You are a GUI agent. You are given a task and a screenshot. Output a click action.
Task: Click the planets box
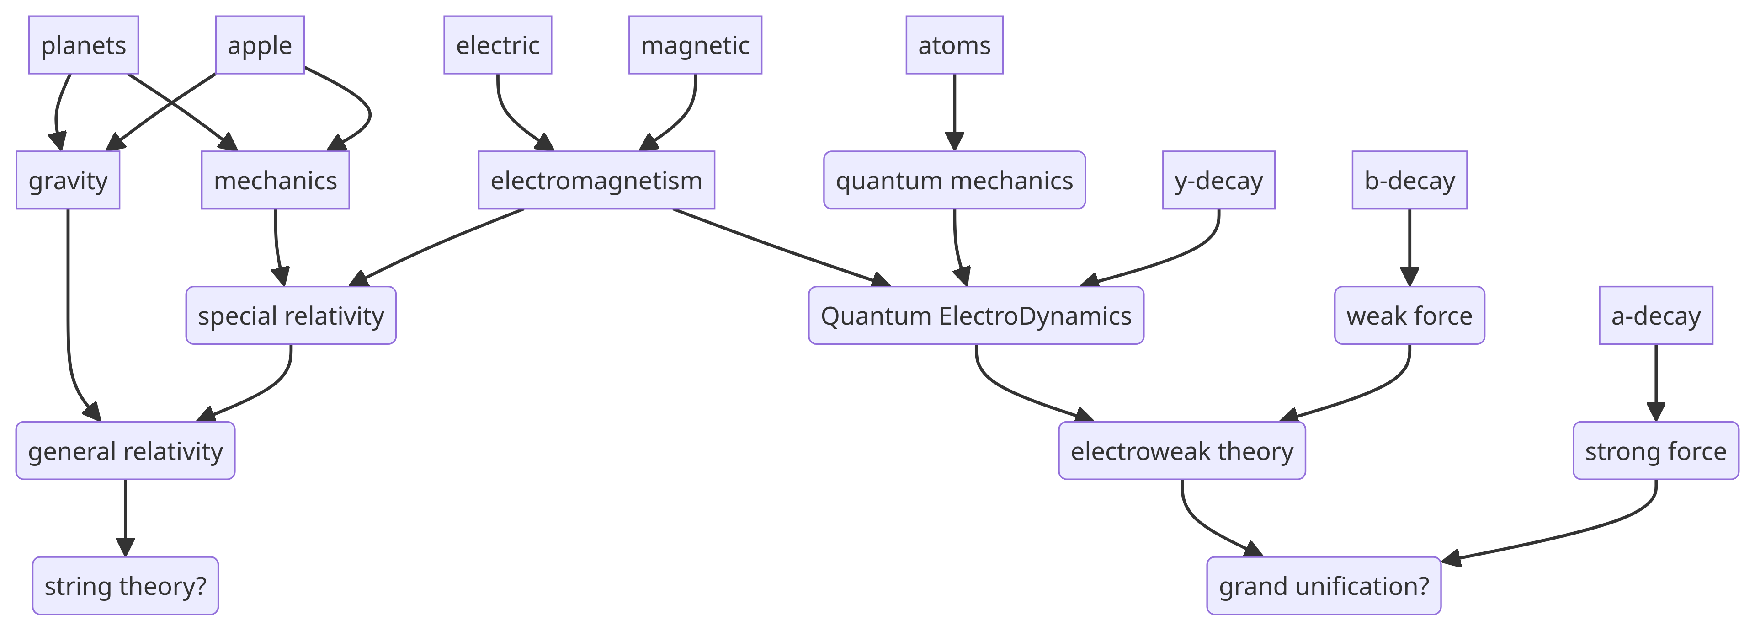click(83, 45)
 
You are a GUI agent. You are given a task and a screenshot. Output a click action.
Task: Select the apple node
click(260, 45)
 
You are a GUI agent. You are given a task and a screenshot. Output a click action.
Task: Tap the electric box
click(497, 45)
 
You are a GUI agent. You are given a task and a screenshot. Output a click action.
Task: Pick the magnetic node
click(695, 45)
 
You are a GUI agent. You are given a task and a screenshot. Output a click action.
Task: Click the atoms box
click(954, 45)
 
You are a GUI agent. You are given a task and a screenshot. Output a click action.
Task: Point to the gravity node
click(68, 180)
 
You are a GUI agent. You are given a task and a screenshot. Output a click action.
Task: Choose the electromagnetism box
click(596, 180)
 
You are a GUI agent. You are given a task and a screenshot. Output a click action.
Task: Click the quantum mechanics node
click(954, 180)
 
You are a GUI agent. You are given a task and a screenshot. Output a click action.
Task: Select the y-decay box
click(1218, 180)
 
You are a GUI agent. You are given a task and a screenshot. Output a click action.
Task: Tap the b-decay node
click(1409, 180)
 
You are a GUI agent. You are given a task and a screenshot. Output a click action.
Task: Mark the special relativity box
click(291, 315)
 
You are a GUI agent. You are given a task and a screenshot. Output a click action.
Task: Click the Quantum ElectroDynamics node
click(976, 315)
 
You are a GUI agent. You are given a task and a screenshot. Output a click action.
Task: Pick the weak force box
click(1409, 315)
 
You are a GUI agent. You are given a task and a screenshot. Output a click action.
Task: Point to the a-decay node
click(1655, 315)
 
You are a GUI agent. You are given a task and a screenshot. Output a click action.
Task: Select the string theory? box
click(125, 586)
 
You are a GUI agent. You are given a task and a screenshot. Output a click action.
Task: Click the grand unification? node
click(1323, 586)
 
